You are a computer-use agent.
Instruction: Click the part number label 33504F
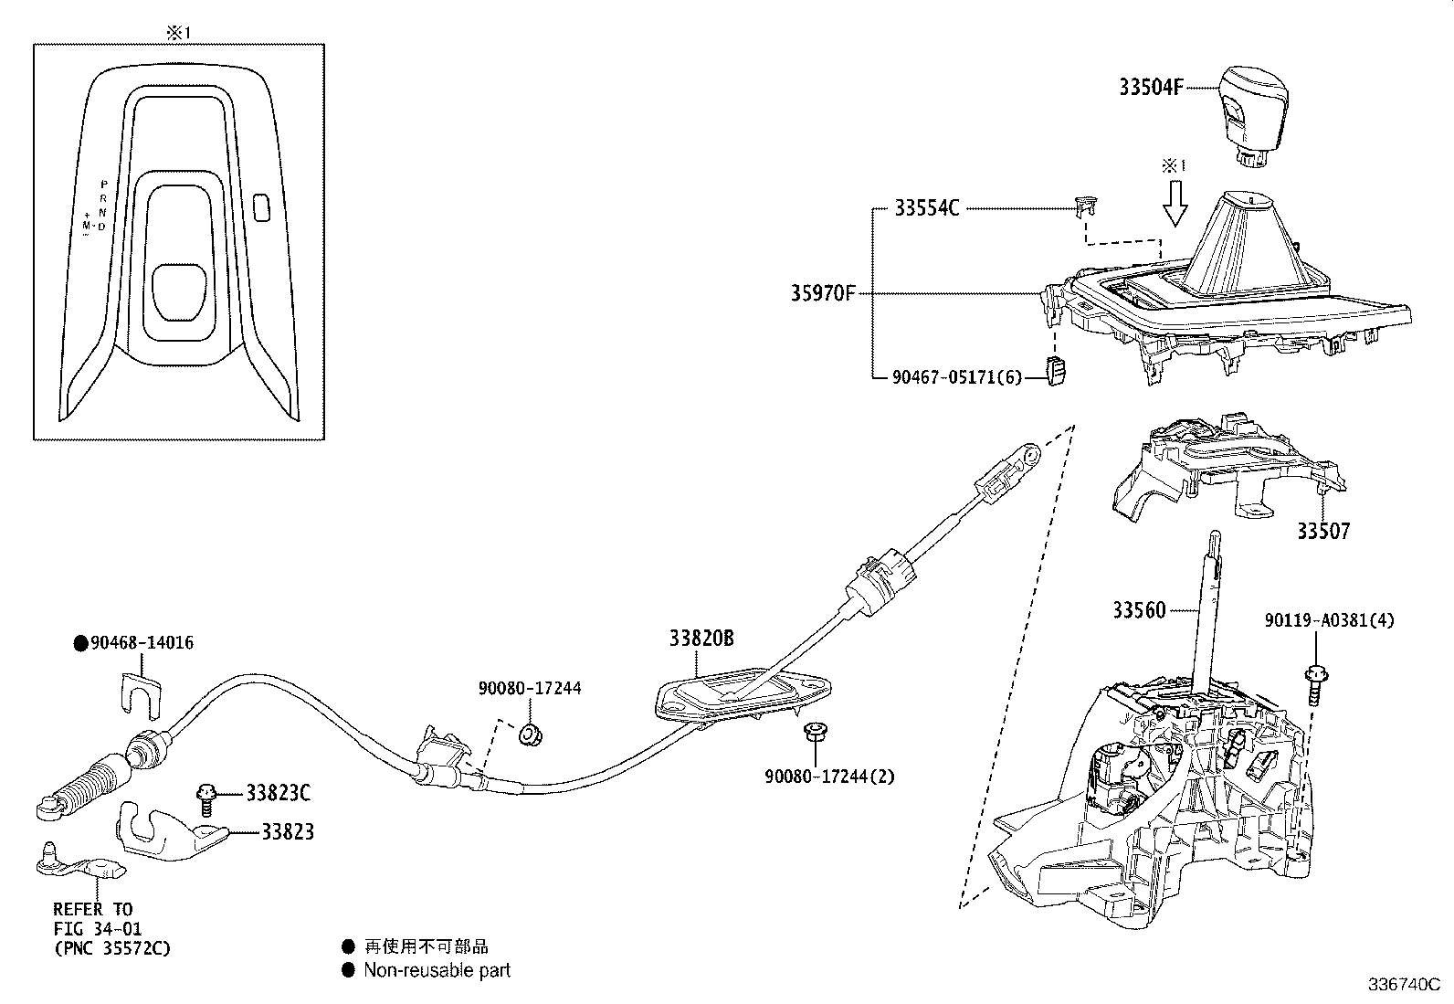[1151, 87]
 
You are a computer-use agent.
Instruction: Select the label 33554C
[926, 209]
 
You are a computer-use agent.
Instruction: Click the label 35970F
[823, 294]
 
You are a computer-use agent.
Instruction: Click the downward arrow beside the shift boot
[1175, 203]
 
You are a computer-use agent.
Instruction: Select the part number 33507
[1323, 531]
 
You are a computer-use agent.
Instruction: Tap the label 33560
[1139, 609]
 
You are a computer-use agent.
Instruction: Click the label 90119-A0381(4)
[1330, 620]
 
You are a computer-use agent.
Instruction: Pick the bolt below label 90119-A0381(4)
[1315, 685]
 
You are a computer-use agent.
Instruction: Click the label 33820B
[701, 639]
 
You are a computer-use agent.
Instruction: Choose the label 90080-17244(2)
[829, 777]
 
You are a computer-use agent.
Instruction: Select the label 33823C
[279, 793]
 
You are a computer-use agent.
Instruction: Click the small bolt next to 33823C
[207, 798]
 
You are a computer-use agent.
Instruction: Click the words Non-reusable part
[437, 970]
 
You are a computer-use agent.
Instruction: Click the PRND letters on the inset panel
[103, 205]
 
